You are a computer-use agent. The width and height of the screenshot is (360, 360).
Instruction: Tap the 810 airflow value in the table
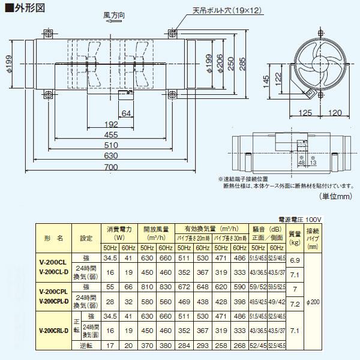click(147, 288)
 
